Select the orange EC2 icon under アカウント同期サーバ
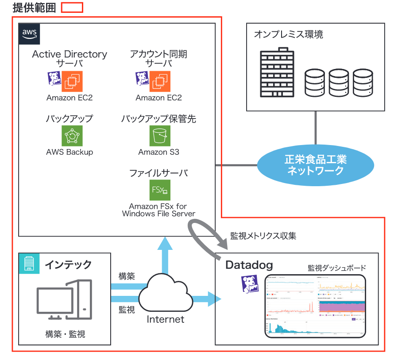[160, 81]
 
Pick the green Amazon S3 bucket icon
[159, 136]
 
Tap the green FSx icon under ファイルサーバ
[159, 190]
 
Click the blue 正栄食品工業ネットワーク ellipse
[315, 165]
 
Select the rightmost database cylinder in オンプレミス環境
[363, 83]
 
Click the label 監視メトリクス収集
[263, 236]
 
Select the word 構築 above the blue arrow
[127, 276]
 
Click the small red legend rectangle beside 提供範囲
[72, 8]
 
